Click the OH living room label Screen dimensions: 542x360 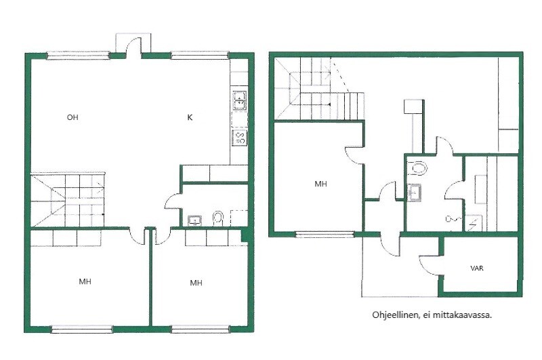[72, 117]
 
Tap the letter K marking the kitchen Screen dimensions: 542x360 [190, 117]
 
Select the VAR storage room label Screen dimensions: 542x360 [477, 268]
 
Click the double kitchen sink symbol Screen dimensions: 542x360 [240, 100]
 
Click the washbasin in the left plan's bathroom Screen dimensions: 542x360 [195, 220]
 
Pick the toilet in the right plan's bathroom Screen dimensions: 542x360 [417, 168]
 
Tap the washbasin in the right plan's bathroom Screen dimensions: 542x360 [414, 193]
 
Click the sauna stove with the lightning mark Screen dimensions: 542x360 [474, 223]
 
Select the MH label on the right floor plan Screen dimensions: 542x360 [320, 184]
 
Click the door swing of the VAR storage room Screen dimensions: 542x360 [428, 266]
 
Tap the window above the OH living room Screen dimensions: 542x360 [78, 55]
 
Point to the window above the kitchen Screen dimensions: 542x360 [200, 55]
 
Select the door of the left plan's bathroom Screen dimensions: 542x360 [173, 201]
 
